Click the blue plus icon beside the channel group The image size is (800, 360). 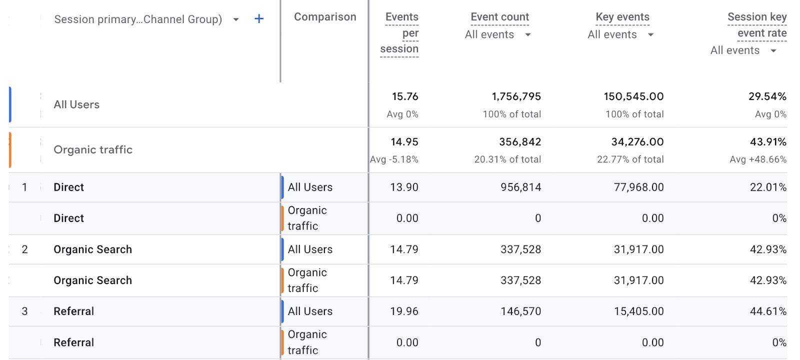point(259,19)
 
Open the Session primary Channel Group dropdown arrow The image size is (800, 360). point(236,19)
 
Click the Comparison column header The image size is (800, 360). point(325,17)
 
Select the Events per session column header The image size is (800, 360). point(401,33)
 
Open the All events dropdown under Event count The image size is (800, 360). point(527,34)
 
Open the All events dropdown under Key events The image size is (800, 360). point(650,34)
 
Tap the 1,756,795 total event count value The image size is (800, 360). point(516,96)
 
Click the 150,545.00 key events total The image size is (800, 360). point(633,96)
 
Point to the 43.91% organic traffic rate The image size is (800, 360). point(768,142)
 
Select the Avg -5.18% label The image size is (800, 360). point(394,159)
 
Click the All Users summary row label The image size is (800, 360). point(76,105)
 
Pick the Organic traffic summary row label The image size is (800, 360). point(93,150)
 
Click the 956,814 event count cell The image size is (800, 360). point(520,187)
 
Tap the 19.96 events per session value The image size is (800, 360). point(404,311)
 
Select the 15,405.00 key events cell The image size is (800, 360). point(638,311)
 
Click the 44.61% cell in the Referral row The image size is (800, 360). point(768,311)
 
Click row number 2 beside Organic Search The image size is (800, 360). point(24,249)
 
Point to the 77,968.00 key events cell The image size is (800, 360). point(638,187)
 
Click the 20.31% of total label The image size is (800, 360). point(507,159)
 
